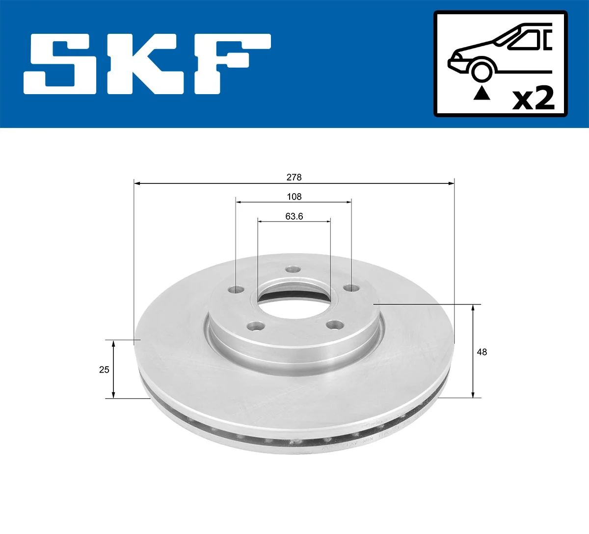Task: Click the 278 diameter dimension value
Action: (x=294, y=177)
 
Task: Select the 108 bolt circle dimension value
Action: (x=294, y=197)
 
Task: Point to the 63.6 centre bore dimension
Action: (x=294, y=216)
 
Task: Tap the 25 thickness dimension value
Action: (x=104, y=370)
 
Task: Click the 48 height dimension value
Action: (x=482, y=352)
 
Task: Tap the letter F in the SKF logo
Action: (x=231, y=64)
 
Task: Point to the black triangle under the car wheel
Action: (x=482, y=93)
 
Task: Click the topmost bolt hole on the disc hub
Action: (x=293, y=269)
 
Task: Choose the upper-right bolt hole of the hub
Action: (x=349, y=287)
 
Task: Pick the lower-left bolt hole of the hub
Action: (x=254, y=325)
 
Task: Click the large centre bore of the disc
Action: (x=294, y=300)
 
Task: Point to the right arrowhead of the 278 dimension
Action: (x=451, y=183)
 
